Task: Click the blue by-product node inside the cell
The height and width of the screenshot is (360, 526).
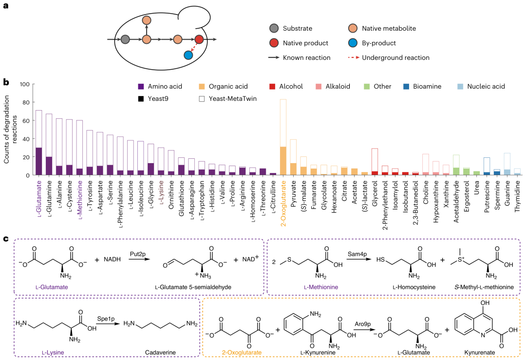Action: click(188, 55)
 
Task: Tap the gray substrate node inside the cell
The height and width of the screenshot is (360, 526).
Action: click(125, 39)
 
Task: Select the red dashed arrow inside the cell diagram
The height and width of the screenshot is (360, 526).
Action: click(193, 47)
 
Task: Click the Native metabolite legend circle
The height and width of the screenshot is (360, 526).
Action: click(353, 29)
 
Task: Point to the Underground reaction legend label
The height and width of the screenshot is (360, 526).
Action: click(395, 57)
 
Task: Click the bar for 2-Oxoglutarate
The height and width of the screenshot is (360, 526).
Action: click(283, 137)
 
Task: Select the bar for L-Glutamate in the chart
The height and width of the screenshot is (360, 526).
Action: click(39, 143)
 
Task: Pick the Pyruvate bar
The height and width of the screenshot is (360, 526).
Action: click(293, 157)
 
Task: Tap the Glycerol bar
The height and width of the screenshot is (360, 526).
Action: click(375, 162)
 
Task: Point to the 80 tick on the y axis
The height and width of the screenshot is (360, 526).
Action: click(26, 102)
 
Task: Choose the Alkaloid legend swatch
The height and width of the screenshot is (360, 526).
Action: click(319, 87)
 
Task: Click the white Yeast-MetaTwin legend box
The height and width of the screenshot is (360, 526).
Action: click(202, 98)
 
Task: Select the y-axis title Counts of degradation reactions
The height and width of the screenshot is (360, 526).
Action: click(10, 129)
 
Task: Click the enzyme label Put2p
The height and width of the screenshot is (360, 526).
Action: click(138, 254)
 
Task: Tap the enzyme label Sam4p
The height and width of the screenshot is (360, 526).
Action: click(357, 254)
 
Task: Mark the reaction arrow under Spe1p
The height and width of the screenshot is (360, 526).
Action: click(108, 323)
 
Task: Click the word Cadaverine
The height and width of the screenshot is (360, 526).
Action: click(160, 352)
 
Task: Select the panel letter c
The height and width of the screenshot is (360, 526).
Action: click(6, 239)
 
